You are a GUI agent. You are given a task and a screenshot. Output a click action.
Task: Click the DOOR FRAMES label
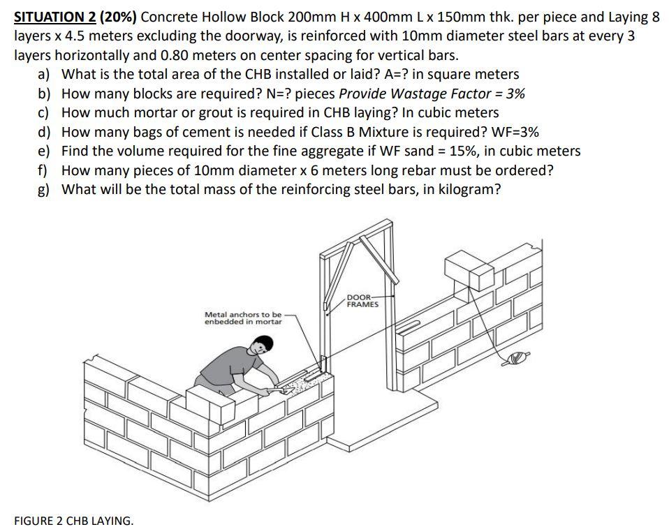(362, 302)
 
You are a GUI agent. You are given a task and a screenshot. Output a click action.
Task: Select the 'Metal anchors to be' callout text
(243, 315)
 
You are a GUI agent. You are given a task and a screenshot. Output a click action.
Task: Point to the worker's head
(260, 344)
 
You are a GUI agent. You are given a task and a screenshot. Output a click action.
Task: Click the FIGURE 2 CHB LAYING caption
(73, 520)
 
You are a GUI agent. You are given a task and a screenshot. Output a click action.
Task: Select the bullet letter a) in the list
(45, 75)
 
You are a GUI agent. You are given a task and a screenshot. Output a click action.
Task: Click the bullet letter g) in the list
(45, 188)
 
